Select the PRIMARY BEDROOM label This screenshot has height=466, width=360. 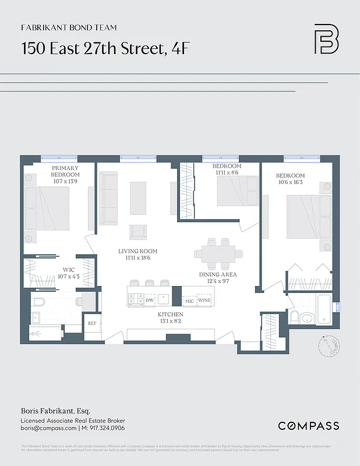[x=65, y=171]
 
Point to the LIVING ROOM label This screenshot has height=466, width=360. [x=137, y=252]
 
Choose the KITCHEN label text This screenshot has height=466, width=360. [x=171, y=314]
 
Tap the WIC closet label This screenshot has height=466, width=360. [x=68, y=270]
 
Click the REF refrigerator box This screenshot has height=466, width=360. [x=91, y=323]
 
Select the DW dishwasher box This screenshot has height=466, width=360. [x=149, y=300]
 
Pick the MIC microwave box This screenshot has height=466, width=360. [x=189, y=300]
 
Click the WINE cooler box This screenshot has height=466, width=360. [x=204, y=300]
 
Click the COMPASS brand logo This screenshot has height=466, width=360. [x=308, y=426]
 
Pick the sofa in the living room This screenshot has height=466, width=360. [x=108, y=198]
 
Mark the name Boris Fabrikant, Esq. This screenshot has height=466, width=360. [x=51, y=411]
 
